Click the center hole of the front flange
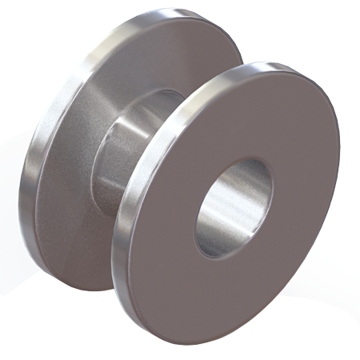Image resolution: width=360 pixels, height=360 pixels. point(234,206)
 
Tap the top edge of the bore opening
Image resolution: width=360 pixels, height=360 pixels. point(248,158)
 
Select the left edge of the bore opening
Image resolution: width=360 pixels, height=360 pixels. point(196,220)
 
